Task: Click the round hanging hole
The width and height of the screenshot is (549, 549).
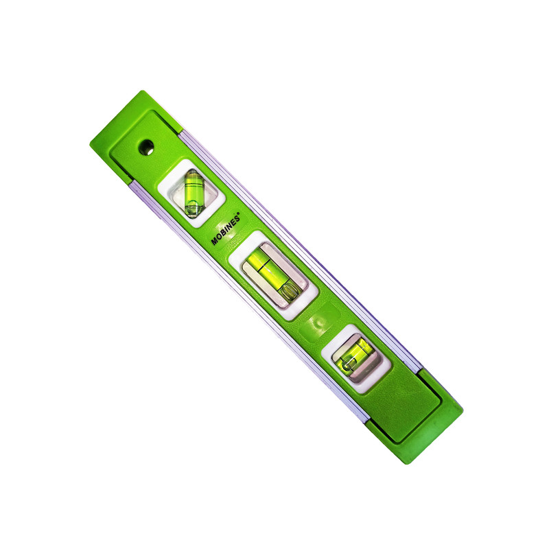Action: click(x=145, y=146)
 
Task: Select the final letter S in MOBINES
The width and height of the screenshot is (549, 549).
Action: click(x=236, y=208)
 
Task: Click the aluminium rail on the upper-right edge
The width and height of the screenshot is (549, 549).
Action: click(x=309, y=247)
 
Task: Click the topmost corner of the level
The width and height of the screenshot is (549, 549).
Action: click(x=140, y=91)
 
